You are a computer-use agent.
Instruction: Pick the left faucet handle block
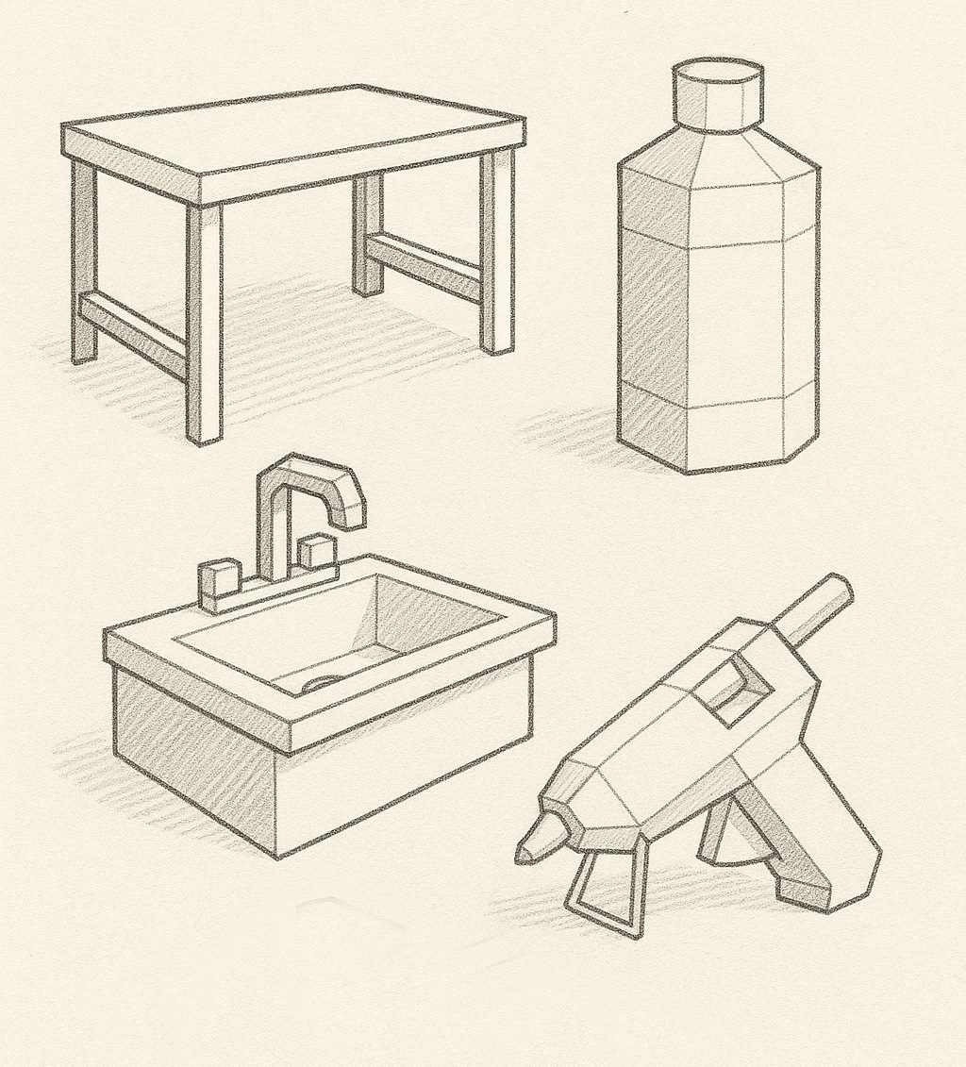tap(219, 584)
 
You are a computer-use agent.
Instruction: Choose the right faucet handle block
tap(318, 555)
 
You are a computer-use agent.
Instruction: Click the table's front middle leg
tap(205, 321)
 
